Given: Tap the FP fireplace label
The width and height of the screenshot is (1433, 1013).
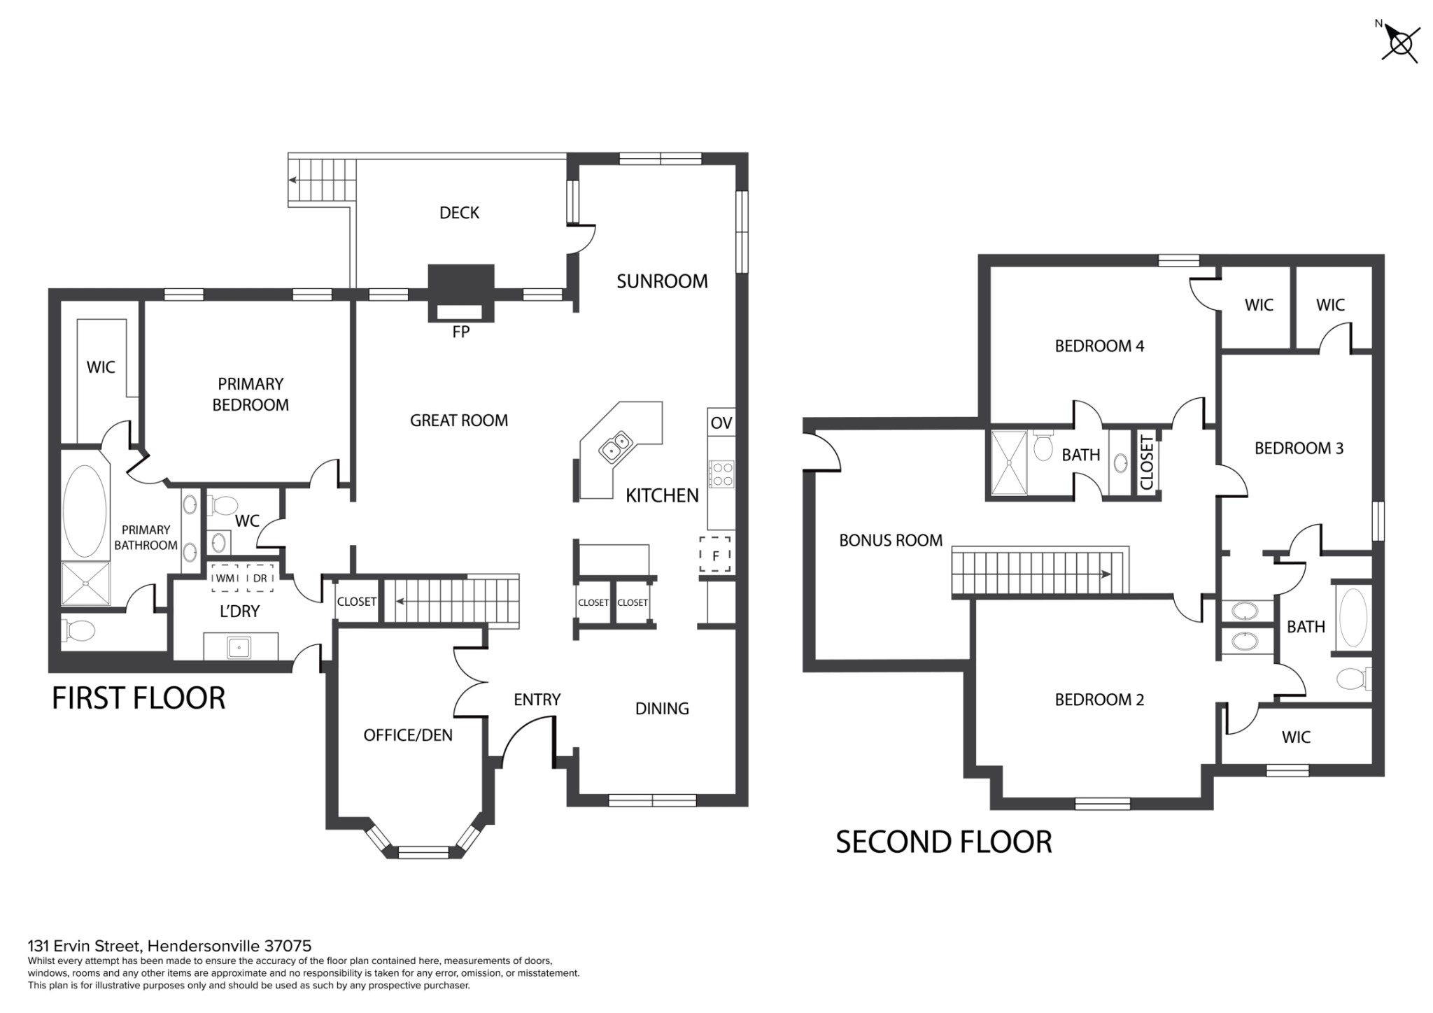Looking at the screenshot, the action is [460, 332].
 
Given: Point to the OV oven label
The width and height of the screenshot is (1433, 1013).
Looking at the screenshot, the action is [721, 423].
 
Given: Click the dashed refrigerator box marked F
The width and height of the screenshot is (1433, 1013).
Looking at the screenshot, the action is [716, 553].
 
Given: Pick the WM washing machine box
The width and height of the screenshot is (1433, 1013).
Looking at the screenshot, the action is [225, 578].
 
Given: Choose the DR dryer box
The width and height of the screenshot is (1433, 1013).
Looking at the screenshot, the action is [260, 578].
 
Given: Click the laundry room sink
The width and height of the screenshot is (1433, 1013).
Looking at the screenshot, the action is [239, 647].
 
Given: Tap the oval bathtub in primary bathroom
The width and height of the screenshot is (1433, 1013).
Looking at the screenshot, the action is [85, 511].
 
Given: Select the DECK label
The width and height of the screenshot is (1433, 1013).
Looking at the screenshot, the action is [459, 213].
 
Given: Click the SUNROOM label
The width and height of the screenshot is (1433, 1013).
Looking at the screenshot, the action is [662, 281].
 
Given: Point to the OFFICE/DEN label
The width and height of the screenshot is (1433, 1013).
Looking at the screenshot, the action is [408, 735].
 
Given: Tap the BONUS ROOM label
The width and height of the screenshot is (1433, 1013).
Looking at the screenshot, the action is [891, 540].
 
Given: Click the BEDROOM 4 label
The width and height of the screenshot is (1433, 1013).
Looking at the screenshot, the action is [1099, 346].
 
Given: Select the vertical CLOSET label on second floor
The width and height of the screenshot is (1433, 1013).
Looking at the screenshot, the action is [1146, 462].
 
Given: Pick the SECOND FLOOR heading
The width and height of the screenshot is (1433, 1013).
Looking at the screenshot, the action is [944, 842].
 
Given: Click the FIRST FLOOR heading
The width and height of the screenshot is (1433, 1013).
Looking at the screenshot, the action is [139, 698].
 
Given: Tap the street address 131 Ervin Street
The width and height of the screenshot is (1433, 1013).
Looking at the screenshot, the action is [85, 947].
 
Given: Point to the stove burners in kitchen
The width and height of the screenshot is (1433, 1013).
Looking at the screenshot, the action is [721, 474].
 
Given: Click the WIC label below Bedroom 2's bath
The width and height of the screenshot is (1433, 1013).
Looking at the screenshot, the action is [1296, 737].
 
